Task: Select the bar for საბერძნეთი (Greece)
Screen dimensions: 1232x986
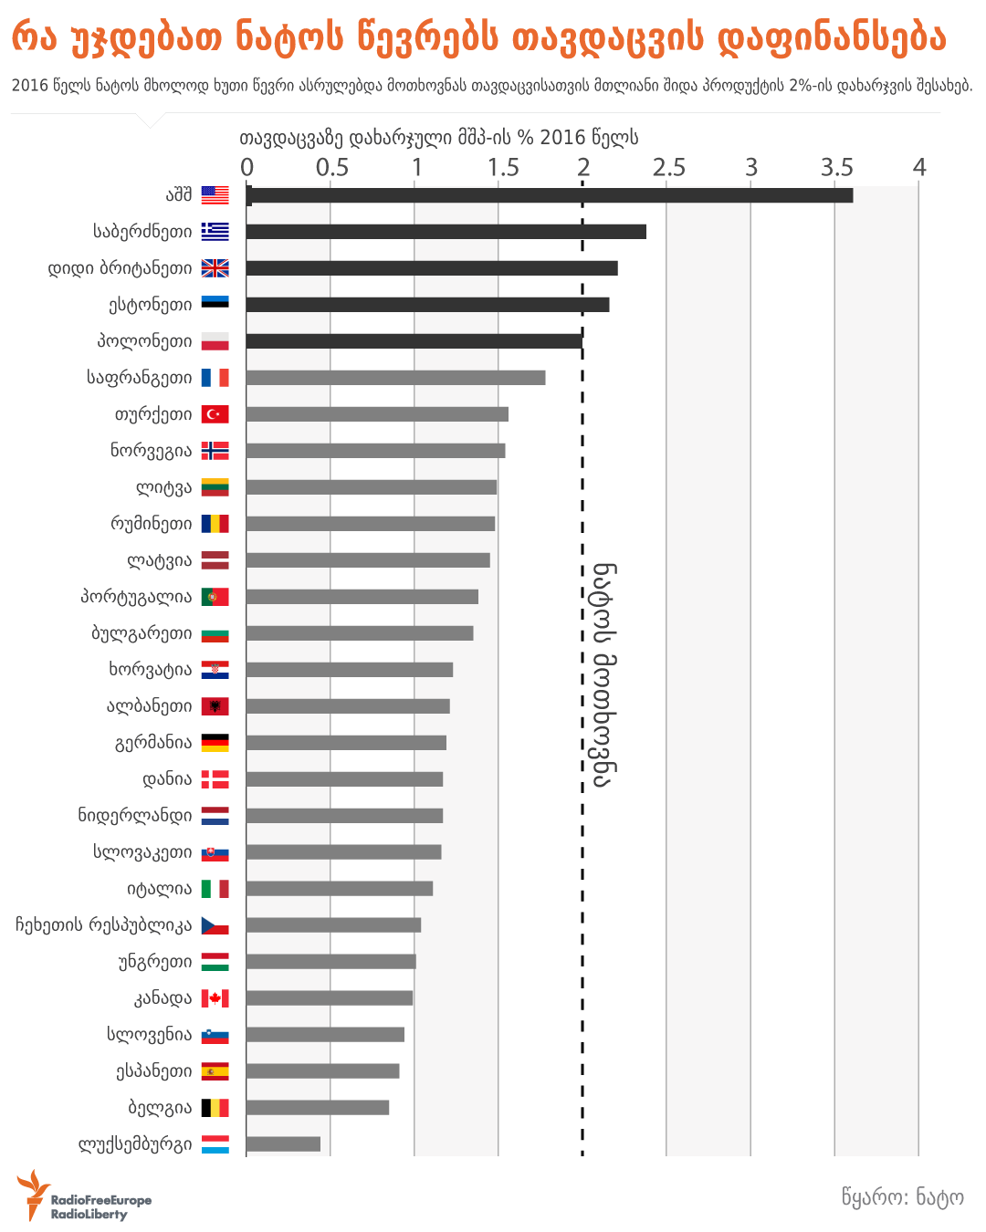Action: tap(446, 232)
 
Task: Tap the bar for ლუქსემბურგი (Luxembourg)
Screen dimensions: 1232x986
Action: tap(283, 1144)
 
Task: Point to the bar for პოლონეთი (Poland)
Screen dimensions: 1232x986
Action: tap(414, 341)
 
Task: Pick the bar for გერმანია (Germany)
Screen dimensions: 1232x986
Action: tap(346, 743)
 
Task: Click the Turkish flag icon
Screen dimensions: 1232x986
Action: tap(215, 414)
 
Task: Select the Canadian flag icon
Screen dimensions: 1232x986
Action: tap(215, 998)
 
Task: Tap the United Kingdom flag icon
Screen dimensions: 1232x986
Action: tap(215, 268)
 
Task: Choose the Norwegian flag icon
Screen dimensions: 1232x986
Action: tap(215, 451)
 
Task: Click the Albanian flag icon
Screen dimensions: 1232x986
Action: tap(215, 706)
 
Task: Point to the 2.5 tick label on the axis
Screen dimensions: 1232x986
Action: tap(668, 168)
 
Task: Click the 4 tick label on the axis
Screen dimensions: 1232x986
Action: tap(918, 168)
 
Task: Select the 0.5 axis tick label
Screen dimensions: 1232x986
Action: tap(331, 168)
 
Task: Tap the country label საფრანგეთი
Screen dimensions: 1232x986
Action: tap(140, 378)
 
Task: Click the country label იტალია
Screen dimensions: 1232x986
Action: tap(160, 889)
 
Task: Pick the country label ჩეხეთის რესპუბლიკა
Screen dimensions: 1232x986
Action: tap(103, 925)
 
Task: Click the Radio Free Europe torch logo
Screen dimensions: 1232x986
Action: tap(33, 1194)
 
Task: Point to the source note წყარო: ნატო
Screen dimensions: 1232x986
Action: tap(902, 1197)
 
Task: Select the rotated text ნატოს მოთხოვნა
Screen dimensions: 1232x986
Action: tap(603, 674)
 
